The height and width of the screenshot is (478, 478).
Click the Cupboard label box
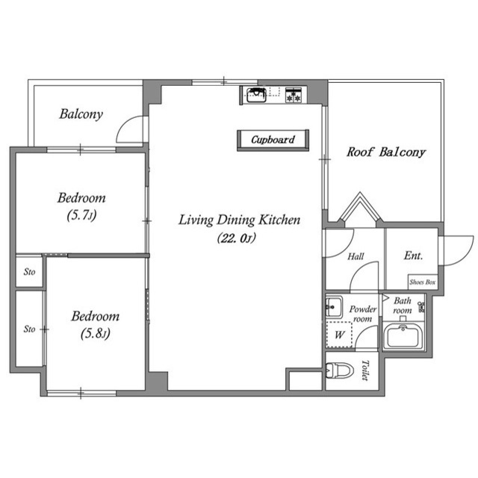click(273, 140)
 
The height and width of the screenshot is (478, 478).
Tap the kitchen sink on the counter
click(256, 95)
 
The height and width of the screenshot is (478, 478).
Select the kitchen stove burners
click(294, 95)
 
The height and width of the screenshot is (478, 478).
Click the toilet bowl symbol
click(339, 370)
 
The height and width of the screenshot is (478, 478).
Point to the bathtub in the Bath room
click(403, 336)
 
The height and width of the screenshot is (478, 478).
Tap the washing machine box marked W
click(339, 335)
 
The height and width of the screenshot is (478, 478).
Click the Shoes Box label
click(423, 282)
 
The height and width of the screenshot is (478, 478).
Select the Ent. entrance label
click(413, 255)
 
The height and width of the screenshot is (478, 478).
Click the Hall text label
click(356, 256)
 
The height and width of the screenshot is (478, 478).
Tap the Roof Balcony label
click(386, 152)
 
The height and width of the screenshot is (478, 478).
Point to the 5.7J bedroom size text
click(81, 215)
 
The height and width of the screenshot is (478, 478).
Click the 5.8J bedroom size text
click(96, 334)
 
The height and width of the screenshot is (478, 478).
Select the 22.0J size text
click(237, 238)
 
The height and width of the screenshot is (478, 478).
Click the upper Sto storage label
click(30, 272)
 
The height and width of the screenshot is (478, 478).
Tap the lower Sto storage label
click(30, 329)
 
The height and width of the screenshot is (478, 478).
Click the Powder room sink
click(334, 307)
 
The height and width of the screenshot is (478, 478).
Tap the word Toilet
click(365, 370)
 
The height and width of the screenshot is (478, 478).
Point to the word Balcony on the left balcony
click(81, 114)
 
